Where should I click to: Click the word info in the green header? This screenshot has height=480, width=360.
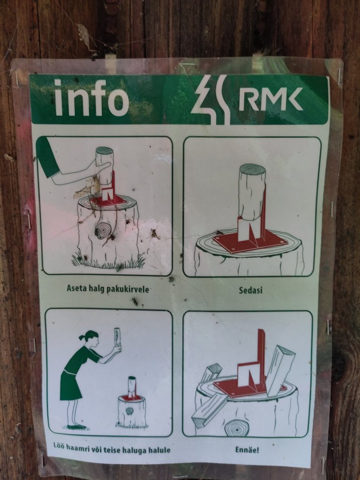91,97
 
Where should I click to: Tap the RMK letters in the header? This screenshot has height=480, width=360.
271,99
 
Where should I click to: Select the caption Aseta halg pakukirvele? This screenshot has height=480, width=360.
108,289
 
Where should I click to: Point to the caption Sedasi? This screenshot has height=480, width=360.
251,290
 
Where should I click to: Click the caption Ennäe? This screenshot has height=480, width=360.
247,450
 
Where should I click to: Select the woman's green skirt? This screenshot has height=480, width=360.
70,386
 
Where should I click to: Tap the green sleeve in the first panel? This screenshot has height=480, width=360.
47,157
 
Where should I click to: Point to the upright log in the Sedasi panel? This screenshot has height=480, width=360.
252,192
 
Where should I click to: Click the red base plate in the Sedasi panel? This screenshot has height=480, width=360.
250,243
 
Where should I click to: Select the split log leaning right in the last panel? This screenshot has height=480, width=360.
280,370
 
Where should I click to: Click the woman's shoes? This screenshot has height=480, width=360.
75,427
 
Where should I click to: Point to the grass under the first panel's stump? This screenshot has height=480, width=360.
108,262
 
